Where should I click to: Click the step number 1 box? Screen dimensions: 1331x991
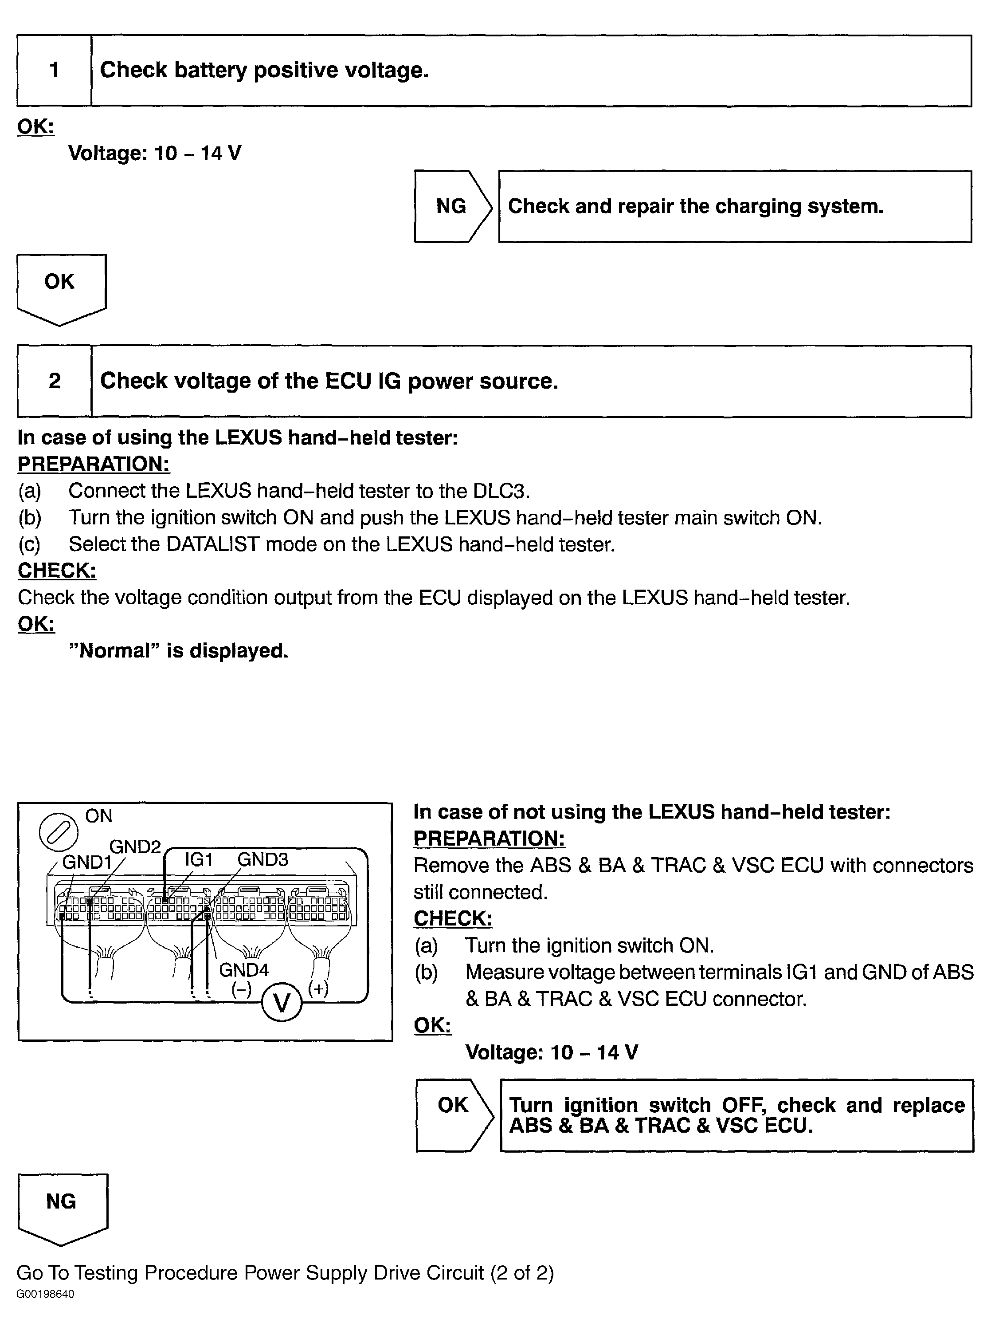pos(54,70)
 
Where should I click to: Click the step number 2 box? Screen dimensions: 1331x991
pos(54,381)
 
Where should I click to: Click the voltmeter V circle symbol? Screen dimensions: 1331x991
pos(282,1003)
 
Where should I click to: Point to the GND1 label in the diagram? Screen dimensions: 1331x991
pos(87,862)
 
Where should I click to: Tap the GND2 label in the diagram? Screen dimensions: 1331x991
pos(135,846)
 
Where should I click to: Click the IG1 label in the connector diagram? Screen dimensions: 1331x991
pos(199,859)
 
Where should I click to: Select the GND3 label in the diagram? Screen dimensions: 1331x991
pos(263,859)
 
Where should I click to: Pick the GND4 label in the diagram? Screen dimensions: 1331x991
pos(243,970)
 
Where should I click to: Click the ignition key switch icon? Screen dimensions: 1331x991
pos(58,833)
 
